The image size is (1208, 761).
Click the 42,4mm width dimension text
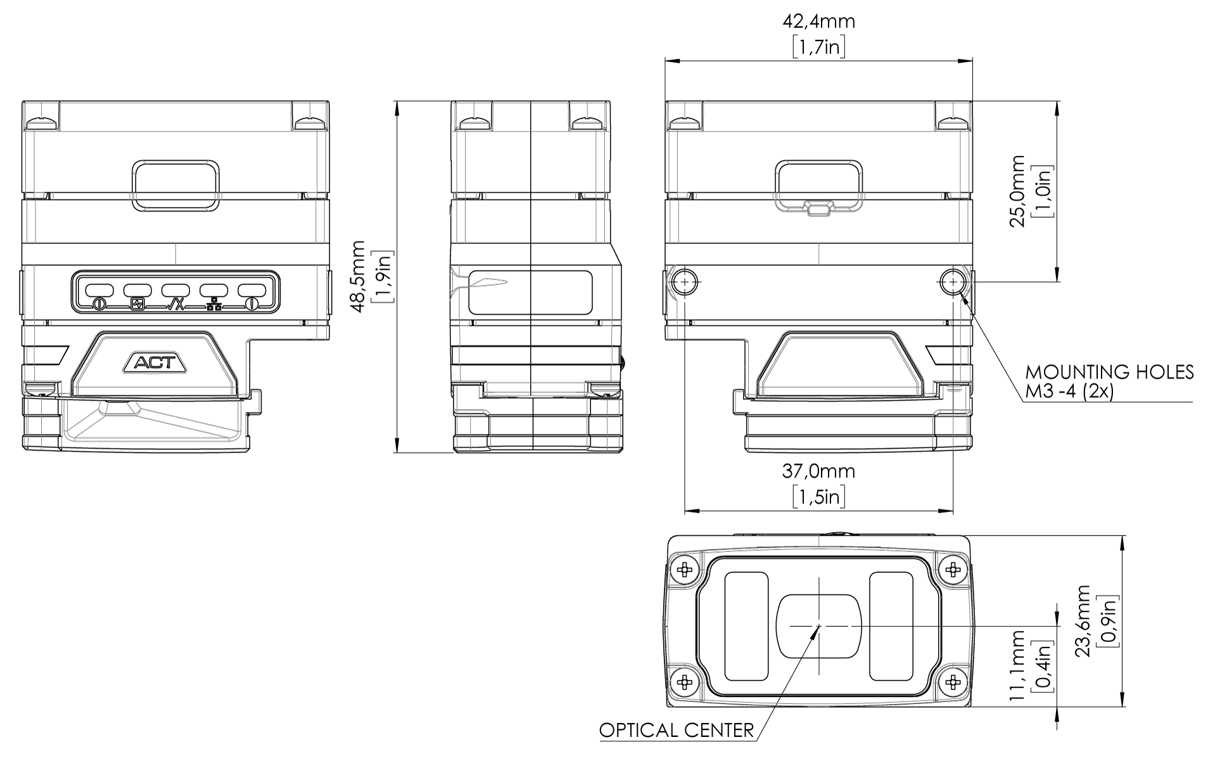coord(818,22)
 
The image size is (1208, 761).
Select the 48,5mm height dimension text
coord(359,276)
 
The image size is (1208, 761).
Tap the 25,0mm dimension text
coord(1017,191)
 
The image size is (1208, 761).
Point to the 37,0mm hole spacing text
coord(818,471)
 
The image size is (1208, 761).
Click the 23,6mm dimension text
coord(1084,621)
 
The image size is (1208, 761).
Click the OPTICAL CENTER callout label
coord(677,731)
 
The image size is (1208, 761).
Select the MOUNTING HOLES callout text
coord(1110,371)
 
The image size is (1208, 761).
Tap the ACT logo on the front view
coord(156,363)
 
